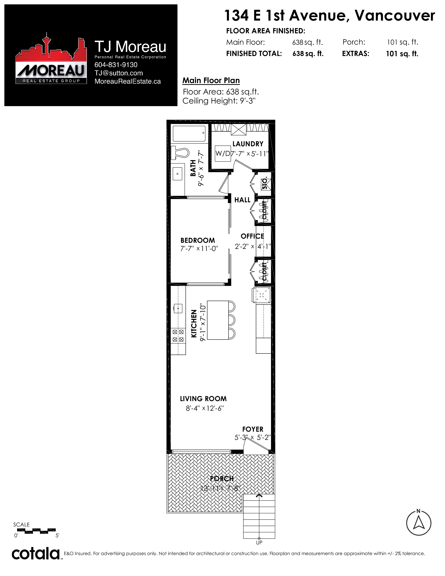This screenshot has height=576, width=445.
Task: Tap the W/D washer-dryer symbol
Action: click(223, 153)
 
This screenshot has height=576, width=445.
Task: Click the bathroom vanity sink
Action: click(177, 174)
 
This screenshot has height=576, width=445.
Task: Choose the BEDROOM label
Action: click(198, 240)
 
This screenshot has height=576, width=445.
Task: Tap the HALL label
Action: click(242, 200)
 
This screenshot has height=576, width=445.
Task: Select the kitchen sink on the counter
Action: click(178, 308)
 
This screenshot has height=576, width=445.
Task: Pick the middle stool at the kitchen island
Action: click(231, 320)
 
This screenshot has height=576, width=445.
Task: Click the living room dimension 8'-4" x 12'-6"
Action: click(205, 408)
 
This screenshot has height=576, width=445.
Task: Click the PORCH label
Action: click(222, 478)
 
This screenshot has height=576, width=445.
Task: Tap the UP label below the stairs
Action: click(259, 542)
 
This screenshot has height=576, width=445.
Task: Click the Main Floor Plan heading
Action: click(211, 80)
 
